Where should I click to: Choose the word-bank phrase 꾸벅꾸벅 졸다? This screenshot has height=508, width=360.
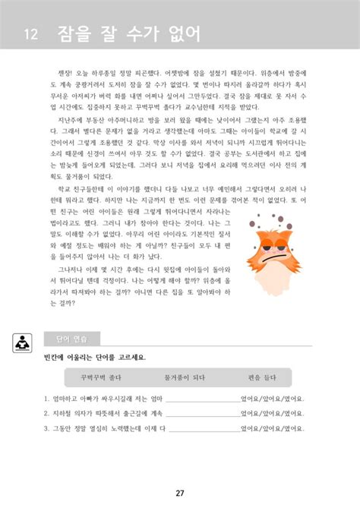[93, 377]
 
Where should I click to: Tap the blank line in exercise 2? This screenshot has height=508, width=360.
[201, 415]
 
